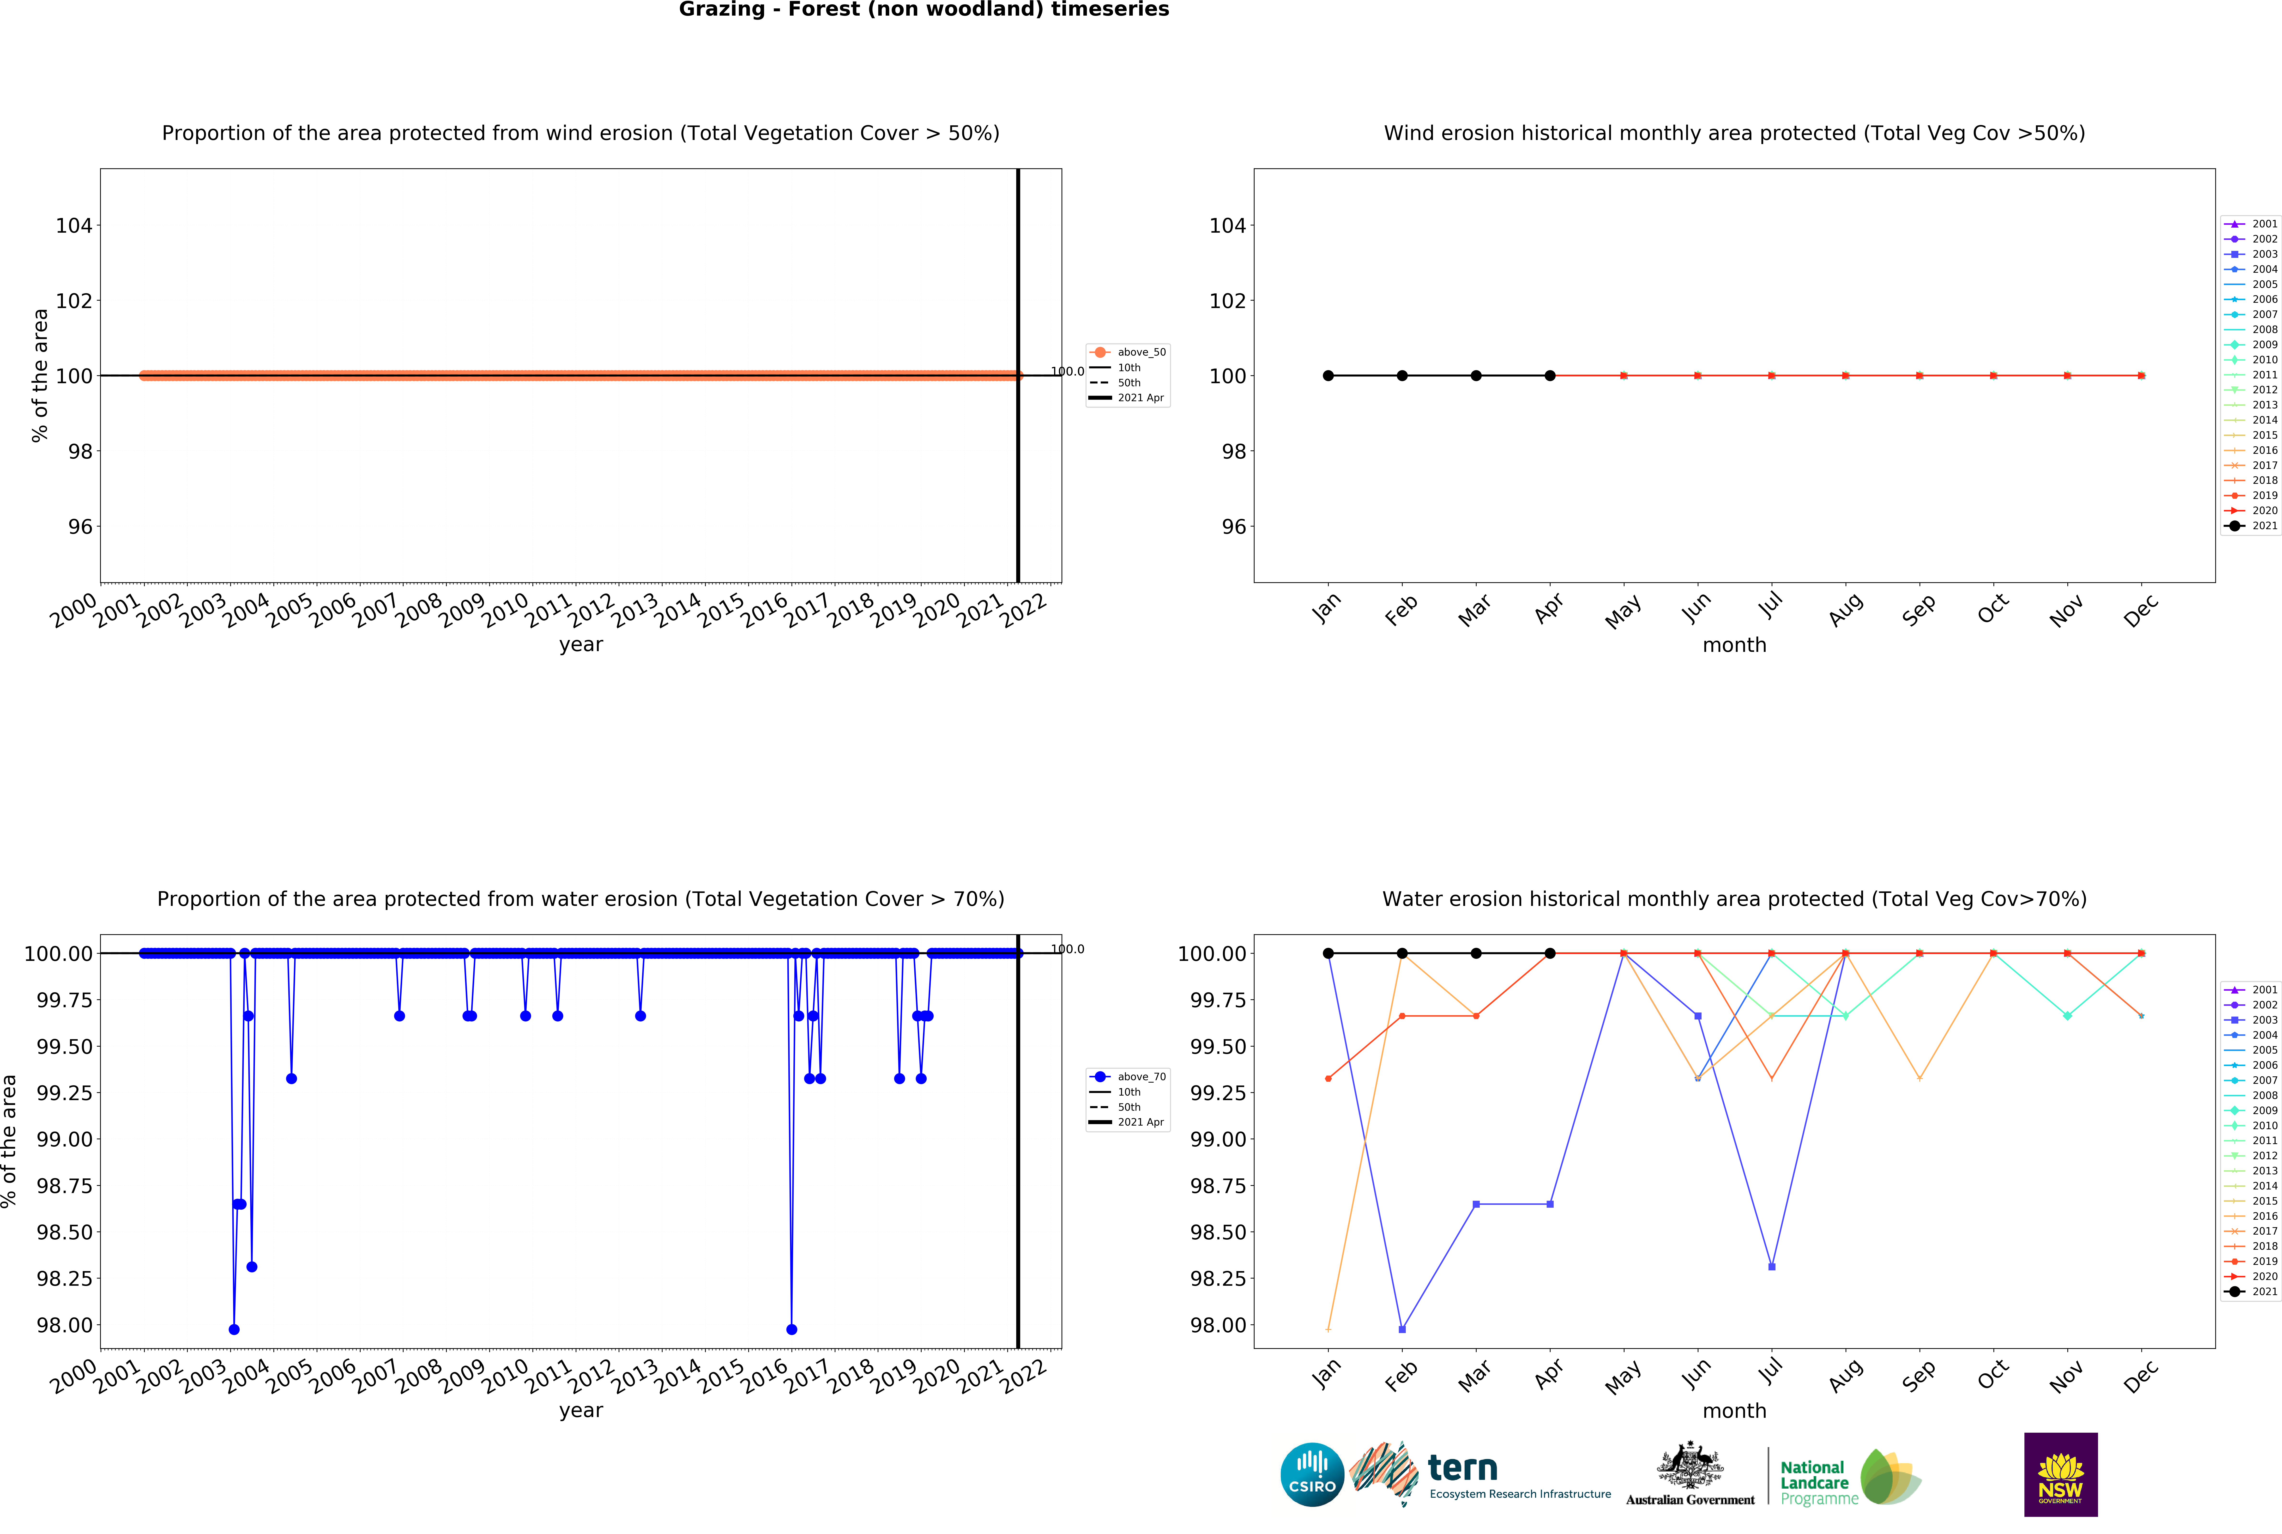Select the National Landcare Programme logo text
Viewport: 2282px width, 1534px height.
point(1817,1482)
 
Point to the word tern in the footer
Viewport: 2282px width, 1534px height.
point(1462,1467)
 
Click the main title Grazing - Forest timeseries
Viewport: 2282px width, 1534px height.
point(923,10)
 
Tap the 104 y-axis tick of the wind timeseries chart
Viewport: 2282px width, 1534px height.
point(73,226)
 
